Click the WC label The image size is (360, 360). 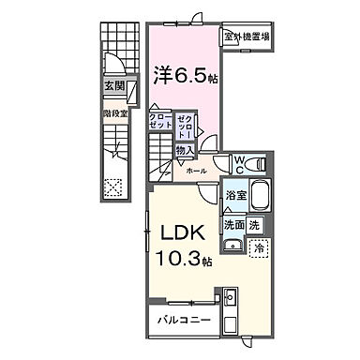(240, 161)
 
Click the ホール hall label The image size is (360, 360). (195, 172)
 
